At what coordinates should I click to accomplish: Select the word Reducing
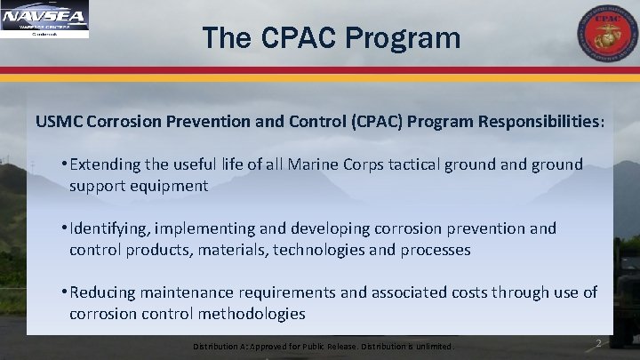104,292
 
